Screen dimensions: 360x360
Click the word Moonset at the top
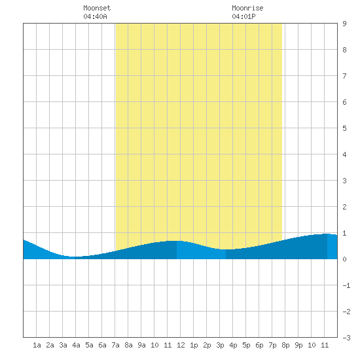click(97, 8)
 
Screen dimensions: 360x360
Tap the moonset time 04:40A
click(95, 16)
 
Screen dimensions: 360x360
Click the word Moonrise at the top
click(247, 8)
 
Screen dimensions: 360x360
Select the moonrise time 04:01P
click(243, 16)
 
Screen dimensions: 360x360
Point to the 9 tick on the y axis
click(344, 24)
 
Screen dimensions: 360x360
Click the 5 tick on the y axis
click(344, 128)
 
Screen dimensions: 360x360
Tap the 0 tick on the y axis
click(344, 259)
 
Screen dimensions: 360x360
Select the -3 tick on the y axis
click(346, 338)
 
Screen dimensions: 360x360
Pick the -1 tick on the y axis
click(346, 285)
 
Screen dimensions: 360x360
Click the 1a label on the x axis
click(37, 345)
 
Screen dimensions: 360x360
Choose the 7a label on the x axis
click(115, 345)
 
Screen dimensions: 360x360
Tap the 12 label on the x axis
click(181, 345)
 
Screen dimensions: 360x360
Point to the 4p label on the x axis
click(233, 345)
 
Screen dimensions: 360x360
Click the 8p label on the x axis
click(285, 345)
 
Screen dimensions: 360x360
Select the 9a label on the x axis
click(141, 345)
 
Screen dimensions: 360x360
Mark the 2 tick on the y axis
click(344, 207)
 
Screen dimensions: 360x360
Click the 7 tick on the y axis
click(344, 76)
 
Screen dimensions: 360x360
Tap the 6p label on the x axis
click(259, 345)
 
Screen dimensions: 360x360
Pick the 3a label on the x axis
click(63, 345)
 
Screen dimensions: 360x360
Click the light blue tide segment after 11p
click(333, 247)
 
